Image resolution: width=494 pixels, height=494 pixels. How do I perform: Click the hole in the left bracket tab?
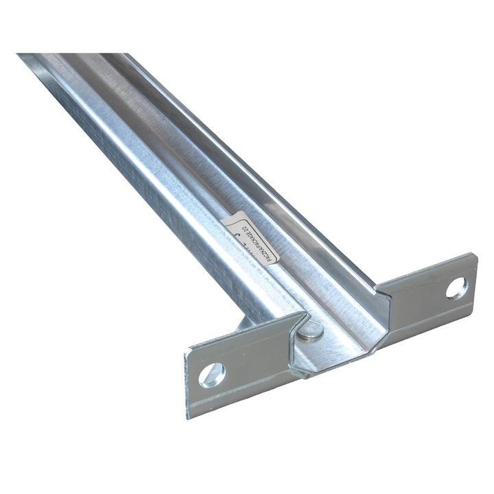[x=211, y=373]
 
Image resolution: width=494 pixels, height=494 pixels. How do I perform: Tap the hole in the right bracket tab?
[x=456, y=287]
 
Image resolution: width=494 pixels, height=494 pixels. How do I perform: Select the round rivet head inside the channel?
[x=312, y=331]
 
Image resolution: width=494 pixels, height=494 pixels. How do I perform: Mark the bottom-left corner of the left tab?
[x=189, y=416]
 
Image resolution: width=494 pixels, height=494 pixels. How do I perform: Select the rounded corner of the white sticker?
[x=227, y=221]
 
